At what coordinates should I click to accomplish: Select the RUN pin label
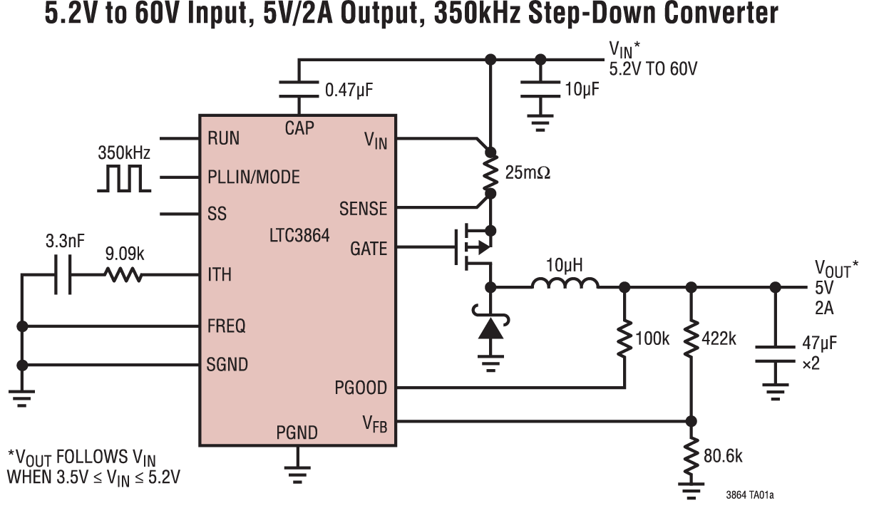click(x=223, y=138)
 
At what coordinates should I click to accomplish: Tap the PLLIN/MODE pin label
click(x=254, y=177)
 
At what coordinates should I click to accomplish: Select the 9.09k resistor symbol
click(x=123, y=275)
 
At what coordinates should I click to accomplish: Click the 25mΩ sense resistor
click(x=490, y=172)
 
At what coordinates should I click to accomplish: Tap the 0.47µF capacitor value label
click(x=349, y=90)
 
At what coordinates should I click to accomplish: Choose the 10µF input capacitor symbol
click(x=541, y=89)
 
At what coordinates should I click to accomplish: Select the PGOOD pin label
click(x=361, y=388)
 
